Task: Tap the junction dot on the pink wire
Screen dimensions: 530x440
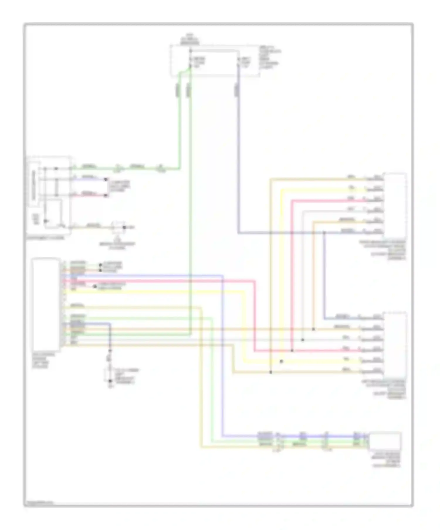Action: coord(292,350)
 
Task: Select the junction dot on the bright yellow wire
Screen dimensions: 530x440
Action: coord(281,361)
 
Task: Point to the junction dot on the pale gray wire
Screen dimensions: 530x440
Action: coord(303,340)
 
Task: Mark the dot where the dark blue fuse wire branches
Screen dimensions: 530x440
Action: coord(324,233)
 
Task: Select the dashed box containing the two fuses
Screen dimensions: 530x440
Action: coord(215,61)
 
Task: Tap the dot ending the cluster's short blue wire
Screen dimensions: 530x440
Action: coord(106,179)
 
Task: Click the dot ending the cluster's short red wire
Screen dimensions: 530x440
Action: coord(106,195)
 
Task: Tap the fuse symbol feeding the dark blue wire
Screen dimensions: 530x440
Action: coord(238,62)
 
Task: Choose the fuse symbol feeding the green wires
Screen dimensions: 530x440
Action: coord(190,62)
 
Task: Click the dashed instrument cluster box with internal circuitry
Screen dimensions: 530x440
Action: coord(49,195)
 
